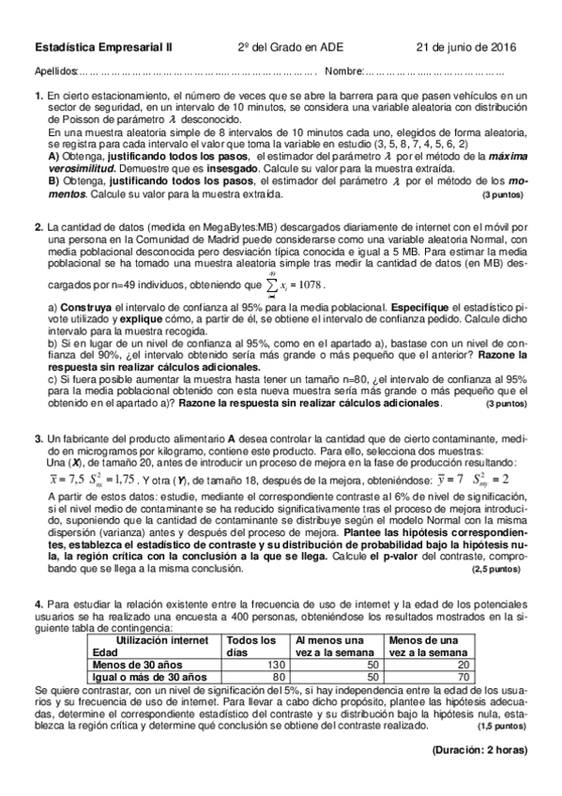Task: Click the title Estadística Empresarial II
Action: tap(103, 47)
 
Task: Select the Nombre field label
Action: tap(343, 71)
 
